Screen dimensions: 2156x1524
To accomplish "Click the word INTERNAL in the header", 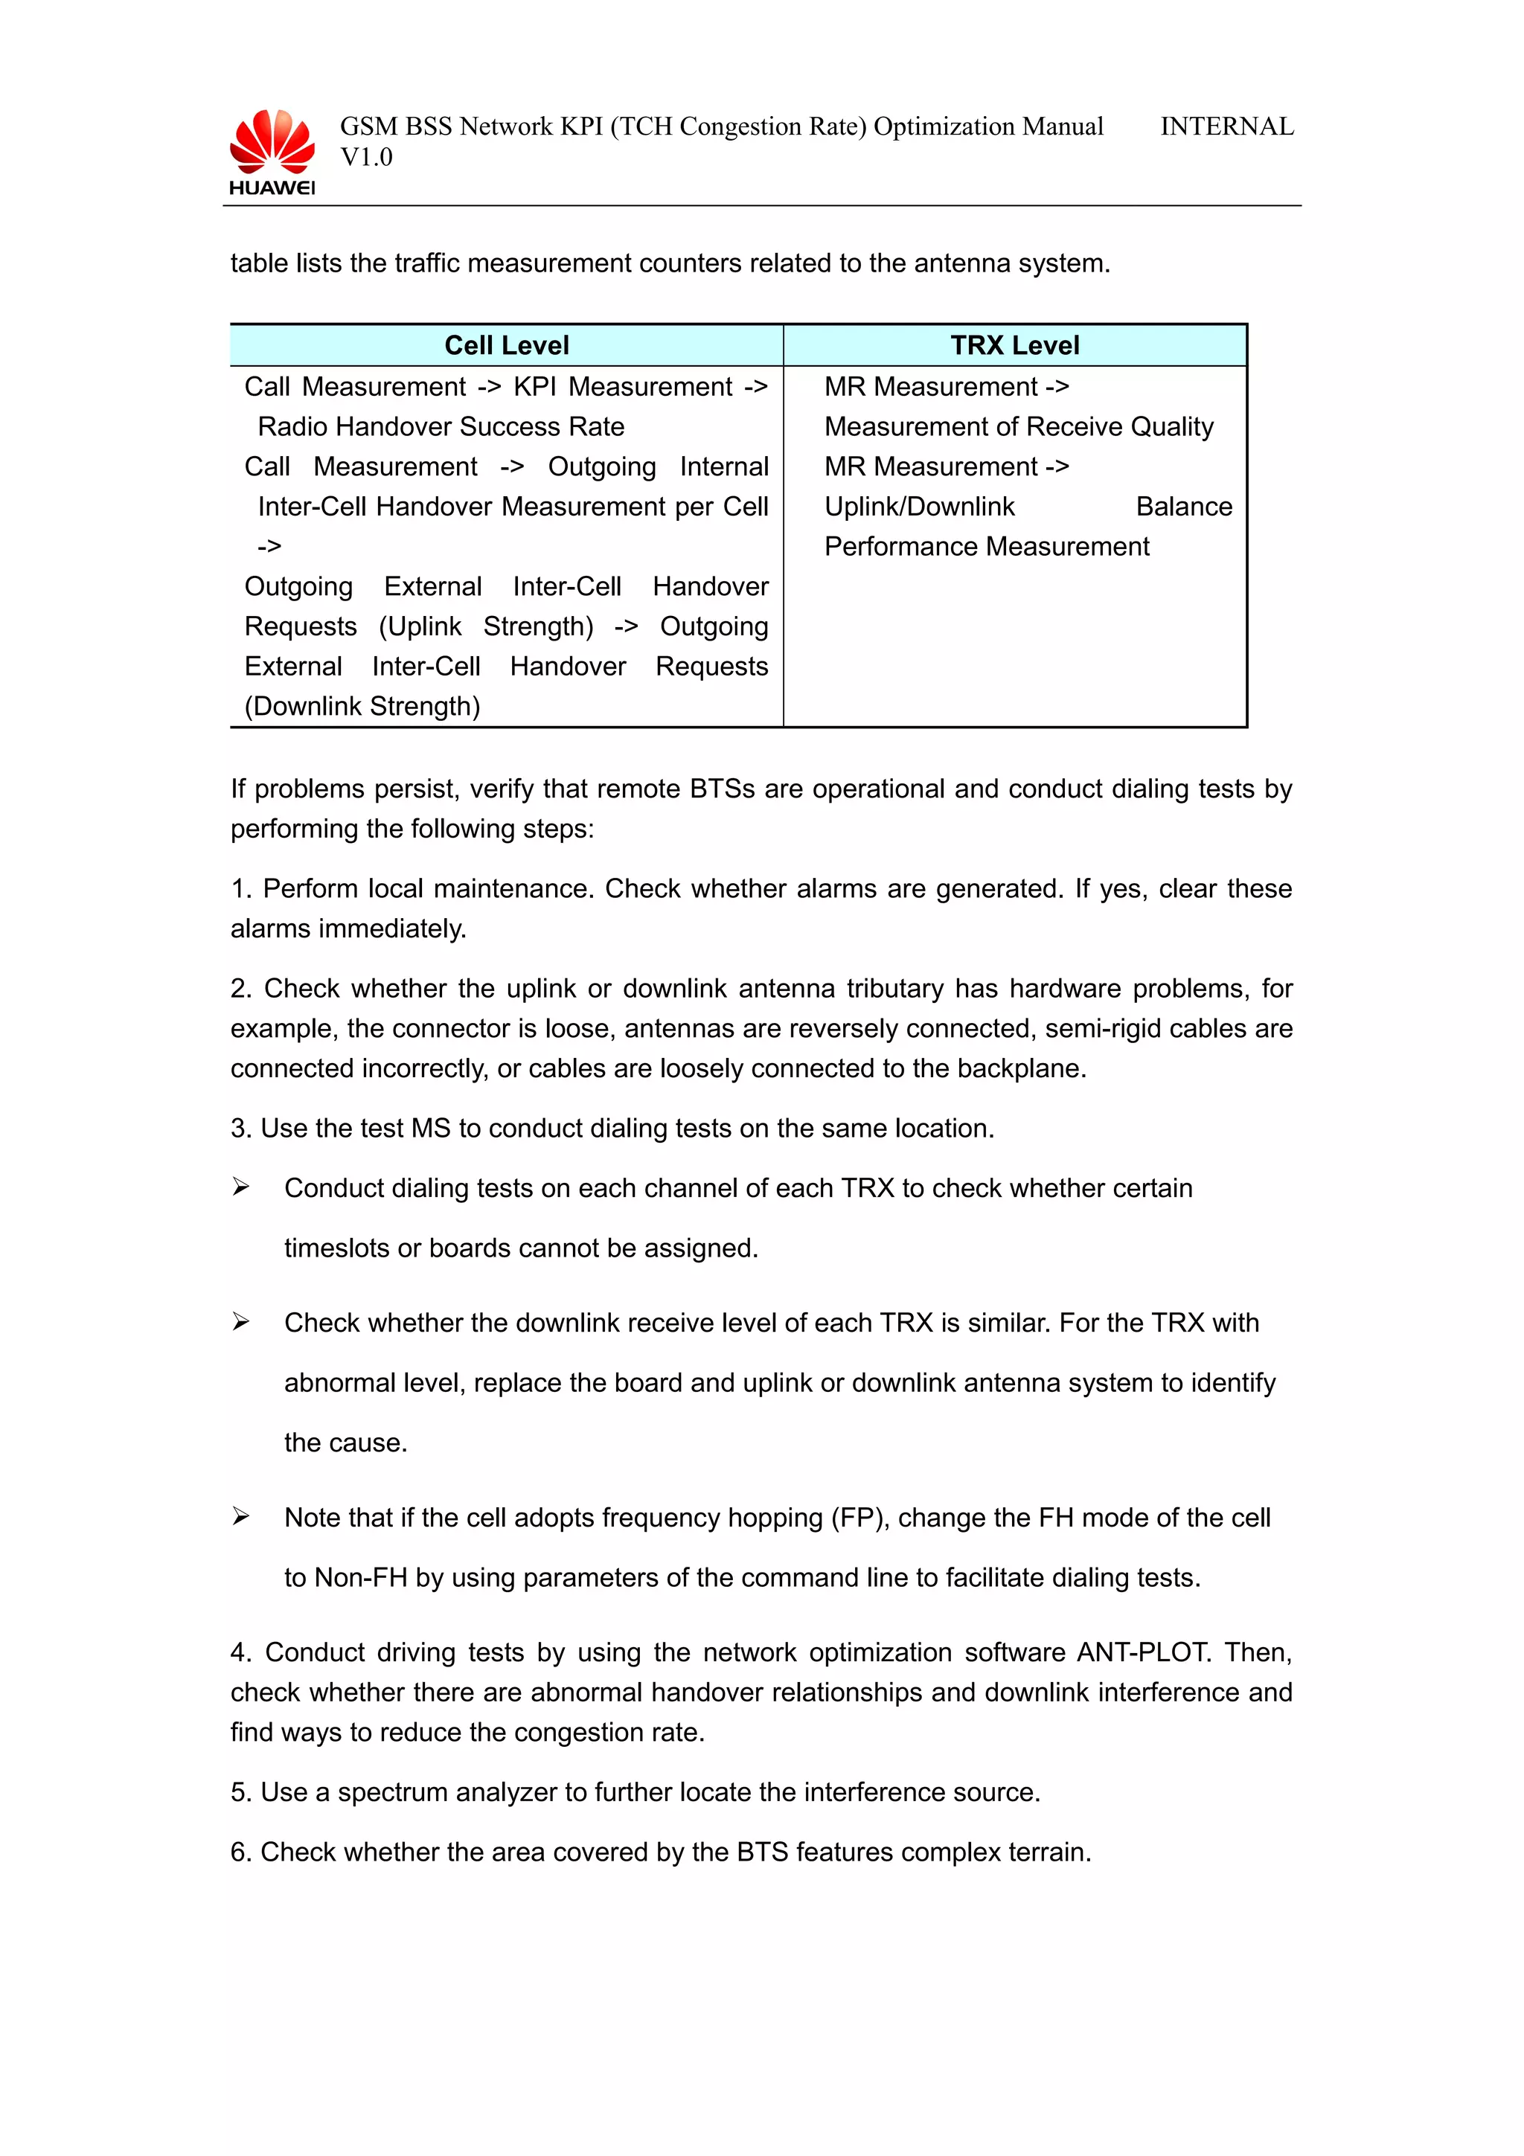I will click(x=1226, y=126).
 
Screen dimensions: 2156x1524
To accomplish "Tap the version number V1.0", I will click(x=366, y=158).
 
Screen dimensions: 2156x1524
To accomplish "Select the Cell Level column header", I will click(x=506, y=345).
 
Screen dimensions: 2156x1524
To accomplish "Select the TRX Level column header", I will click(x=1014, y=345).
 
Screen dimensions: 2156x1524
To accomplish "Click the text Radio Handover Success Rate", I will click(x=441, y=427).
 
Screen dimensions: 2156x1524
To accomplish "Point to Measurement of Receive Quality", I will click(x=1018, y=427).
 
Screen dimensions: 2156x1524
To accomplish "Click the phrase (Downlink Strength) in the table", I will click(x=362, y=706).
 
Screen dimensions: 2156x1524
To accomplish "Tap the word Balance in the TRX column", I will click(x=1183, y=507).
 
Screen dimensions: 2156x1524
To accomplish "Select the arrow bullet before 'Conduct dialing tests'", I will click(x=241, y=1188).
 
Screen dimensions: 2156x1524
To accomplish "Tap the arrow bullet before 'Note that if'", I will click(x=241, y=1516).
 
